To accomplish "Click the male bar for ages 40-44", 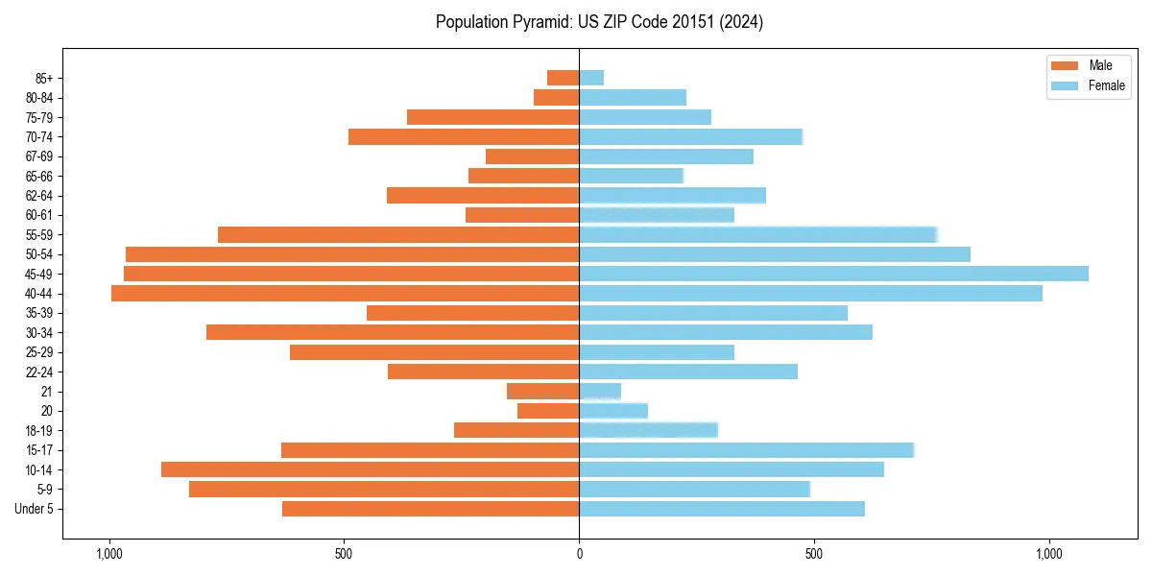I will click(x=345, y=294).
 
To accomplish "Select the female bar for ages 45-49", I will click(x=833, y=274).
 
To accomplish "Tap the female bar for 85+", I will click(x=591, y=78).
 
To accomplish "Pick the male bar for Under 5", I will click(x=430, y=509).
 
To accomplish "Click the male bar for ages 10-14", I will click(x=370, y=469).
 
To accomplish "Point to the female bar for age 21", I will click(x=600, y=392).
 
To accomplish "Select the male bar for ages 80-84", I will click(x=556, y=98).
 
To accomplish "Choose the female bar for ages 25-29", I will click(x=657, y=352).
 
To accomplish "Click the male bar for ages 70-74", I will click(x=464, y=137).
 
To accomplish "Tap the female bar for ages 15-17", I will click(x=746, y=450).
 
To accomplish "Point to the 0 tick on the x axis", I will click(x=579, y=554).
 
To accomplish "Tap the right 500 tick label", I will click(x=814, y=554).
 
